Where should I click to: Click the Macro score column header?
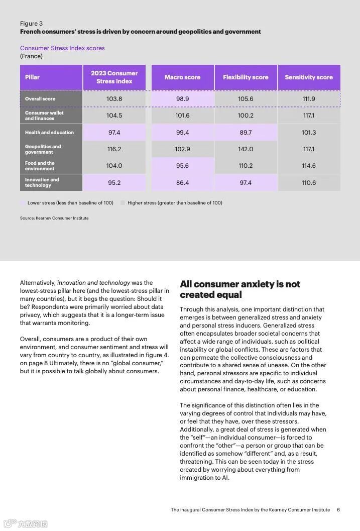click(x=182, y=77)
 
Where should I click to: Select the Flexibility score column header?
click(x=246, y=77)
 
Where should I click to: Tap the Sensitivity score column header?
click(x=309, y=77)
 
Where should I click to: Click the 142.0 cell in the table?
click(x=246, y=149)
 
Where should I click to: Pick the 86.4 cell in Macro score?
click(x=182, y=183)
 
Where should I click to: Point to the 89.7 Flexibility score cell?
click(x=246, y=133)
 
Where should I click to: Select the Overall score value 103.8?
click(x=114, y=99)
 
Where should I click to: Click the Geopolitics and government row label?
click(x=43, y=149)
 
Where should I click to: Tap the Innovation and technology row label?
click(x=42, y=182)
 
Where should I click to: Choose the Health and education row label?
click(x=49, y=133)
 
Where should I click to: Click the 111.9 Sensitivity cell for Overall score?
click(x=309, y=99)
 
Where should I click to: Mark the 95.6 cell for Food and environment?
click(x=182, y=166)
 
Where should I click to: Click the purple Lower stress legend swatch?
click(x=23, y=203)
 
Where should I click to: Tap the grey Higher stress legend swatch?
click(x=123, y=203)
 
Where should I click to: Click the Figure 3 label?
click(x=31, y=24)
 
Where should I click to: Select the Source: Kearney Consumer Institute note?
click(x=54, y=218)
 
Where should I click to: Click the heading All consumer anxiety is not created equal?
click(x=240, y=289)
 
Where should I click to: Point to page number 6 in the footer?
click(x=338, y=509)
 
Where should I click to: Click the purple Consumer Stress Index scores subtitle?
click(x=62, y=48)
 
